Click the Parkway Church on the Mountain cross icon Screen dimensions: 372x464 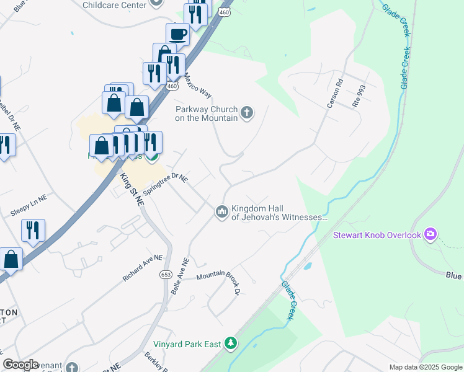247,112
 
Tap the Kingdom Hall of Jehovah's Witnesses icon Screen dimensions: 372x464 222,212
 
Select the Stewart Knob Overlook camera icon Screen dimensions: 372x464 431,234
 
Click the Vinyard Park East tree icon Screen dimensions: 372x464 230,343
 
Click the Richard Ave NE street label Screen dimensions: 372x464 142,268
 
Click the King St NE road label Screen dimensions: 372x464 132,189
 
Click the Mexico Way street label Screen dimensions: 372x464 198,86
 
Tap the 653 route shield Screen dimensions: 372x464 166,274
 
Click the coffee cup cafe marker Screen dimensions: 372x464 178,33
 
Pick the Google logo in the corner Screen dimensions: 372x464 20,365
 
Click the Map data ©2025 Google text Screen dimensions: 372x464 425,367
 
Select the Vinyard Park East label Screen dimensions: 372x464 189,343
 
